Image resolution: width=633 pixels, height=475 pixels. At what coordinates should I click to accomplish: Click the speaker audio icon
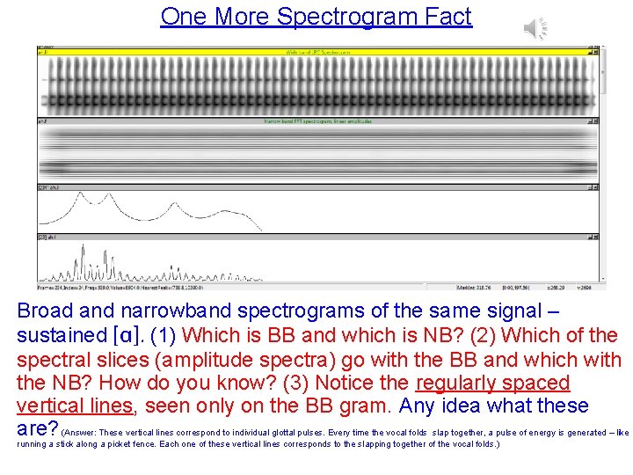[536, 27]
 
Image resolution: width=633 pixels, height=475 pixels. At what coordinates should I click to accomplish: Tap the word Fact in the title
[449, 17]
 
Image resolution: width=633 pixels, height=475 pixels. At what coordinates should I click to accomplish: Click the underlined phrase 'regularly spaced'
[492, 384]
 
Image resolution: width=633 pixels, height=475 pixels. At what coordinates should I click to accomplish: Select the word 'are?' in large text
[38, 429]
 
